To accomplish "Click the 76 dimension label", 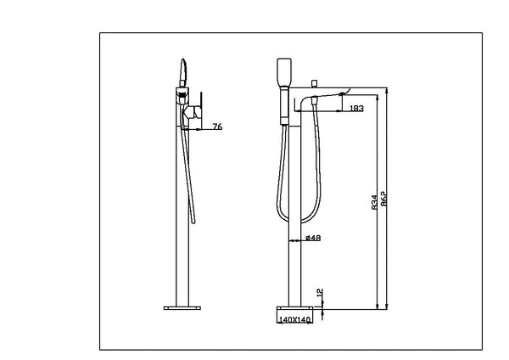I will point(217,127).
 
